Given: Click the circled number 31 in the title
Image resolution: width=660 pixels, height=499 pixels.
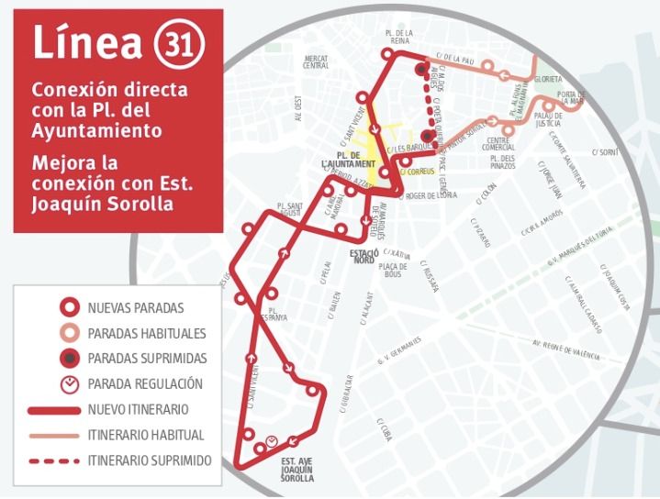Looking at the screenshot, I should coord(180,43).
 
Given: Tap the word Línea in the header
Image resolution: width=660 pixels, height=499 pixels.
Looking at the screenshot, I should coord(89,42).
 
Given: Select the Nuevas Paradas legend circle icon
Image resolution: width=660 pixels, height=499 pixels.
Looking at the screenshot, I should coord(68,307).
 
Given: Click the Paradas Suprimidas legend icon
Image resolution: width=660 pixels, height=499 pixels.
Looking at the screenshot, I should coord(68,359).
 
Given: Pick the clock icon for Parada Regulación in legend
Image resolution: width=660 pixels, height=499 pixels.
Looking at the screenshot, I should coord(68,384).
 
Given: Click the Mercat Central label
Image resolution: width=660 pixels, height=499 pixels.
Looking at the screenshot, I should coord(316,61).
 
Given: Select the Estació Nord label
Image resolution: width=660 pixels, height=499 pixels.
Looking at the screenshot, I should coord(364,256).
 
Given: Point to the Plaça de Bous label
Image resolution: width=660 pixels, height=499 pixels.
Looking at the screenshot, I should coord(393,270).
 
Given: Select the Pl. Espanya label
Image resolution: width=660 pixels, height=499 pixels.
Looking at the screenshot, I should coord(273,314).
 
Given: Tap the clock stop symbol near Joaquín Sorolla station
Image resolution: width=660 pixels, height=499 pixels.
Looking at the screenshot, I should coord(272,443).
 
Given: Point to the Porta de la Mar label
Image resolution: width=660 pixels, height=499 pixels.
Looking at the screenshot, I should coord(572,98).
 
